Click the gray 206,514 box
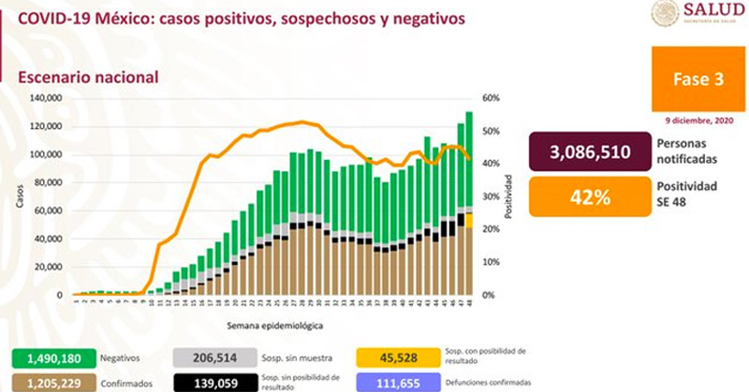(214, 358)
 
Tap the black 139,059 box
(214, 382)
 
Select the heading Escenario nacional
(83, 79)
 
